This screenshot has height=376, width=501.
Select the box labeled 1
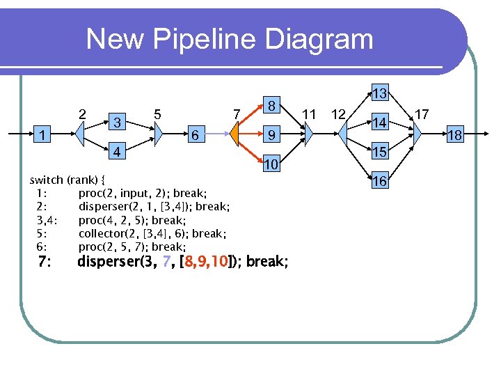point(43,134)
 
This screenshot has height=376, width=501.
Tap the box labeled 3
point(118,122)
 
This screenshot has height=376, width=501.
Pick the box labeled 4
point(118,151)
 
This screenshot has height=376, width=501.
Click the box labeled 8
point(273,106)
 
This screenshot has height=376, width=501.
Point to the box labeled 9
point(273,134)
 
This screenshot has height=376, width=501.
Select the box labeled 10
point(273,164)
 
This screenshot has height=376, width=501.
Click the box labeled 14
point(379,123)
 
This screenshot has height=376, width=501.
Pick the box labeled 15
point(379,152)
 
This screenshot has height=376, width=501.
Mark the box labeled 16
point(379,181)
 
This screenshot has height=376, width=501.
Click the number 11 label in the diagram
point(310,113)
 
